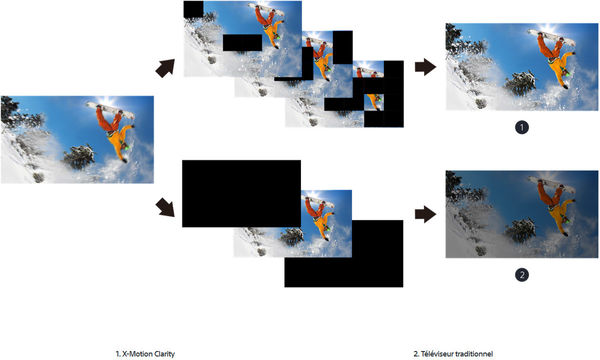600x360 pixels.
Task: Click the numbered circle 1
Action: [x=522, y=127]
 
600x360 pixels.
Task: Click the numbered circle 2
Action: [x=522, y=275]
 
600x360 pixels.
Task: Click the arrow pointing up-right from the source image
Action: [x=165, y=68]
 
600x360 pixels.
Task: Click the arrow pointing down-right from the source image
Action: [x=165, y=207]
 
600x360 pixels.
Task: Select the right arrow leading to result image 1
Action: [x=426, y=67]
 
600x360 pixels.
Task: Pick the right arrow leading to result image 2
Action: [x=426, y=214]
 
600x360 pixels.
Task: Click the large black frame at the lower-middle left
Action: [x=241, y=194]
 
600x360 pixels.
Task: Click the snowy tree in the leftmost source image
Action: [x=79, y=156]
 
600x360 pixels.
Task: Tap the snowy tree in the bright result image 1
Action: [x=520, y=83]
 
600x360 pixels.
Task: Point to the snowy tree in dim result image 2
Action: [x=520, y=230]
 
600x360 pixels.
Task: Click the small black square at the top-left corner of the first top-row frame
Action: [x=193, y=9]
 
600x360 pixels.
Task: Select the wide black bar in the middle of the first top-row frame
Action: [x=242, y=42]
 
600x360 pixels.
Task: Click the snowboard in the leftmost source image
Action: [x=110, y=110]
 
